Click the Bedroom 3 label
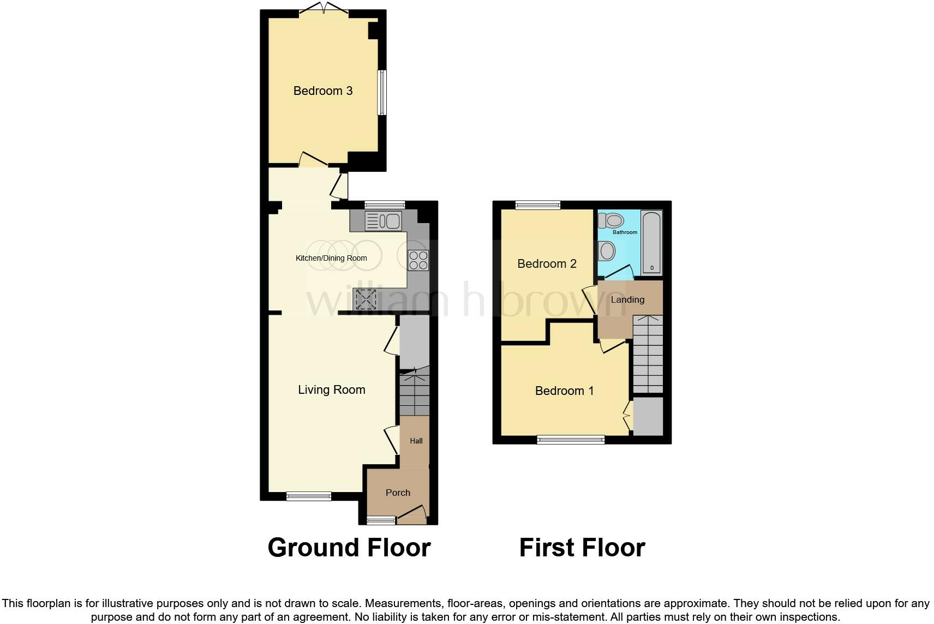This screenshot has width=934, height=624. tap(323, 91)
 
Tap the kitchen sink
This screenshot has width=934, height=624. tap(383, 221)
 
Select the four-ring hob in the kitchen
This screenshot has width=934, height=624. tap(418, 260)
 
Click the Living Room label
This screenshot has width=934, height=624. tap(331, 390)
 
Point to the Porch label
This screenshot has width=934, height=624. tap(398, 493)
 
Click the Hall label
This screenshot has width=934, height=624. tap(416, 441)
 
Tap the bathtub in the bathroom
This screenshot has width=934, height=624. tap(652, 243)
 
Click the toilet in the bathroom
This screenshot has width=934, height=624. tap(610, 221)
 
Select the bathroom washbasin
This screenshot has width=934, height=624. tap(607, 251)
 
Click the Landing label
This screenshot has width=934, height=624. tap(627, 299)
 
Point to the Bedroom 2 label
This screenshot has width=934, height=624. tap(547, 264)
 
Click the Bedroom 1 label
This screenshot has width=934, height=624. tap(564, 391)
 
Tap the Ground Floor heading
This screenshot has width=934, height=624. tap(349, 548)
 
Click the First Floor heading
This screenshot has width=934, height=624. tap(582, 548)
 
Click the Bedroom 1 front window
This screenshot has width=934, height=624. tap(571, 440)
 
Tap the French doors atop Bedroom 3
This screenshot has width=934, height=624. tap(324, 10)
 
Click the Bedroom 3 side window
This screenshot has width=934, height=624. tap(382, 92)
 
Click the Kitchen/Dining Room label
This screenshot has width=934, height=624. tap(331, 258)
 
